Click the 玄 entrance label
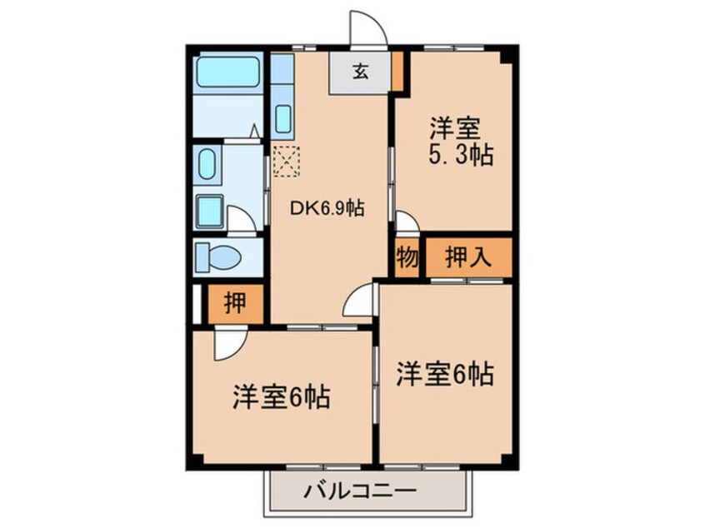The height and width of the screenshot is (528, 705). (x=360, y=72)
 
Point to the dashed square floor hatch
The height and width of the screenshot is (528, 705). (x=285, y=160)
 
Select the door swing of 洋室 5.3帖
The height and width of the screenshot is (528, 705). (x=406, y=222)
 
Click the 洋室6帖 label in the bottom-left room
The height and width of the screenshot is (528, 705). (x=281, y=397)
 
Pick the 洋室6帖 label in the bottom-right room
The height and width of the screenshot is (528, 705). (x=444, y=374)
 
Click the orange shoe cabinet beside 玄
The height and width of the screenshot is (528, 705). (x=397, y=72)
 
